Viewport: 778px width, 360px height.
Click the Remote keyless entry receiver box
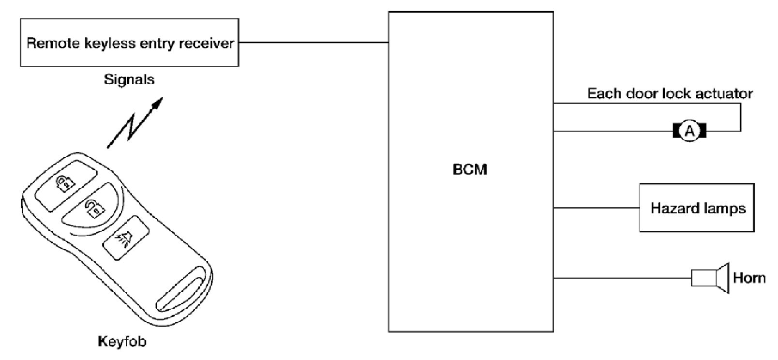(x=129, y=43)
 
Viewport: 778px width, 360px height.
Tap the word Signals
(x=129, y=79)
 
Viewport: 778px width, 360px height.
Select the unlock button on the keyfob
(x=94, y=209)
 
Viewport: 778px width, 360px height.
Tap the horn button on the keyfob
(x=125, y=236)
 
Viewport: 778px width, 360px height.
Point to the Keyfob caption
(x=122, y=342)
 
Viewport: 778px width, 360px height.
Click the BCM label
(x=470, y=170)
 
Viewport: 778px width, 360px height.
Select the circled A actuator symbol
(x=689, y=131)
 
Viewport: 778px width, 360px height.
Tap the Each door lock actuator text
(x=670, y=93)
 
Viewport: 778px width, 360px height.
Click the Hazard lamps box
(x=697, y=208)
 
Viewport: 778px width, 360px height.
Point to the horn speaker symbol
(x=710, y=278)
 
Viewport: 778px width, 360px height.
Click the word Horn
(x=749, y=278)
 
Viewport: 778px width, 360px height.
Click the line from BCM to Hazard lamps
(x=596, y=208)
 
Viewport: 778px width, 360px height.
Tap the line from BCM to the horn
(x=622, y=278)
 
